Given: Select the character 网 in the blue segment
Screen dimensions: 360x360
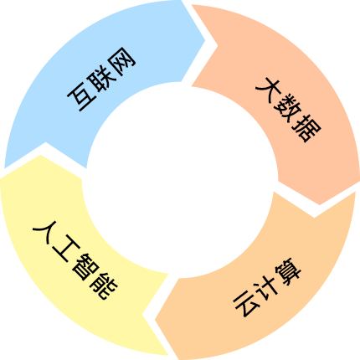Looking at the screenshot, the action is point(122,60).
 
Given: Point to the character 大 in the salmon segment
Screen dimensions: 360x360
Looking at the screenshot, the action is point(268,89).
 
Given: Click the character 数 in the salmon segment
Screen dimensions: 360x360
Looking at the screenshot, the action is point(288,108).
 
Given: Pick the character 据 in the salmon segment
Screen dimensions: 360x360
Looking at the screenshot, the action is point(306,128).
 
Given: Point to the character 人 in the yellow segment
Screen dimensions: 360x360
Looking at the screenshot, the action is point(45,232).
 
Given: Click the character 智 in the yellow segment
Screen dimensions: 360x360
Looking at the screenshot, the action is point(84,268).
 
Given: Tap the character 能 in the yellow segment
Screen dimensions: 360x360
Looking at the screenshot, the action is point(103,286).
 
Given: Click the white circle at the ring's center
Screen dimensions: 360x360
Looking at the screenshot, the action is point(180,180).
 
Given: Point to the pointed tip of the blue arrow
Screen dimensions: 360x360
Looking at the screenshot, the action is point(205,41).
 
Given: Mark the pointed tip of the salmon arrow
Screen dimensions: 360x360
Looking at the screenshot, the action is point(320,205).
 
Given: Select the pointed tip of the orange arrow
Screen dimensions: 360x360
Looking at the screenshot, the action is point(155,320).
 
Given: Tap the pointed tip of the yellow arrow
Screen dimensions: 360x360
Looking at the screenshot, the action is point(40,155).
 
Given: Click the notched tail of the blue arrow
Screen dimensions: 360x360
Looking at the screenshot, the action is point(45,143).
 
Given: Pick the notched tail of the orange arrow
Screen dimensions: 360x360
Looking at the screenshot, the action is point(315,217).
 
